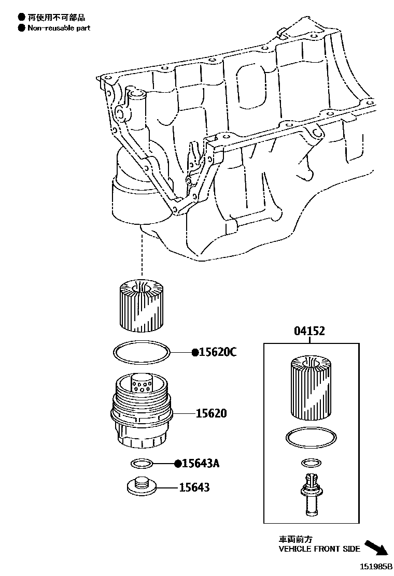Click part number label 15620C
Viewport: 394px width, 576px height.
pos(218,353)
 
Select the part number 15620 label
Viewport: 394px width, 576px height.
pos(211,414)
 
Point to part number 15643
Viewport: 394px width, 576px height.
pos(194,487)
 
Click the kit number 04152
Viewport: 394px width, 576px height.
pos(309,331)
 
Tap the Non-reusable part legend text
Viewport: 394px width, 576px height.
pos(59,28)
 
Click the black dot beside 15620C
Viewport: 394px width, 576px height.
pos(195,353)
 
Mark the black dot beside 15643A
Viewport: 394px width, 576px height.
pos(177,463)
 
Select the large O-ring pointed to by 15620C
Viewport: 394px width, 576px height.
pos(141,352)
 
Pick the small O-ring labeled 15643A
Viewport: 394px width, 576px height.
pos(142,463)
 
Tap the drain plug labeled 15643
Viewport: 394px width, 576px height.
pos(142,485)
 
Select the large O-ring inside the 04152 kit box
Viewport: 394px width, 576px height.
pos(310,438)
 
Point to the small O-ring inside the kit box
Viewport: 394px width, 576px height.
pos(310,462)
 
